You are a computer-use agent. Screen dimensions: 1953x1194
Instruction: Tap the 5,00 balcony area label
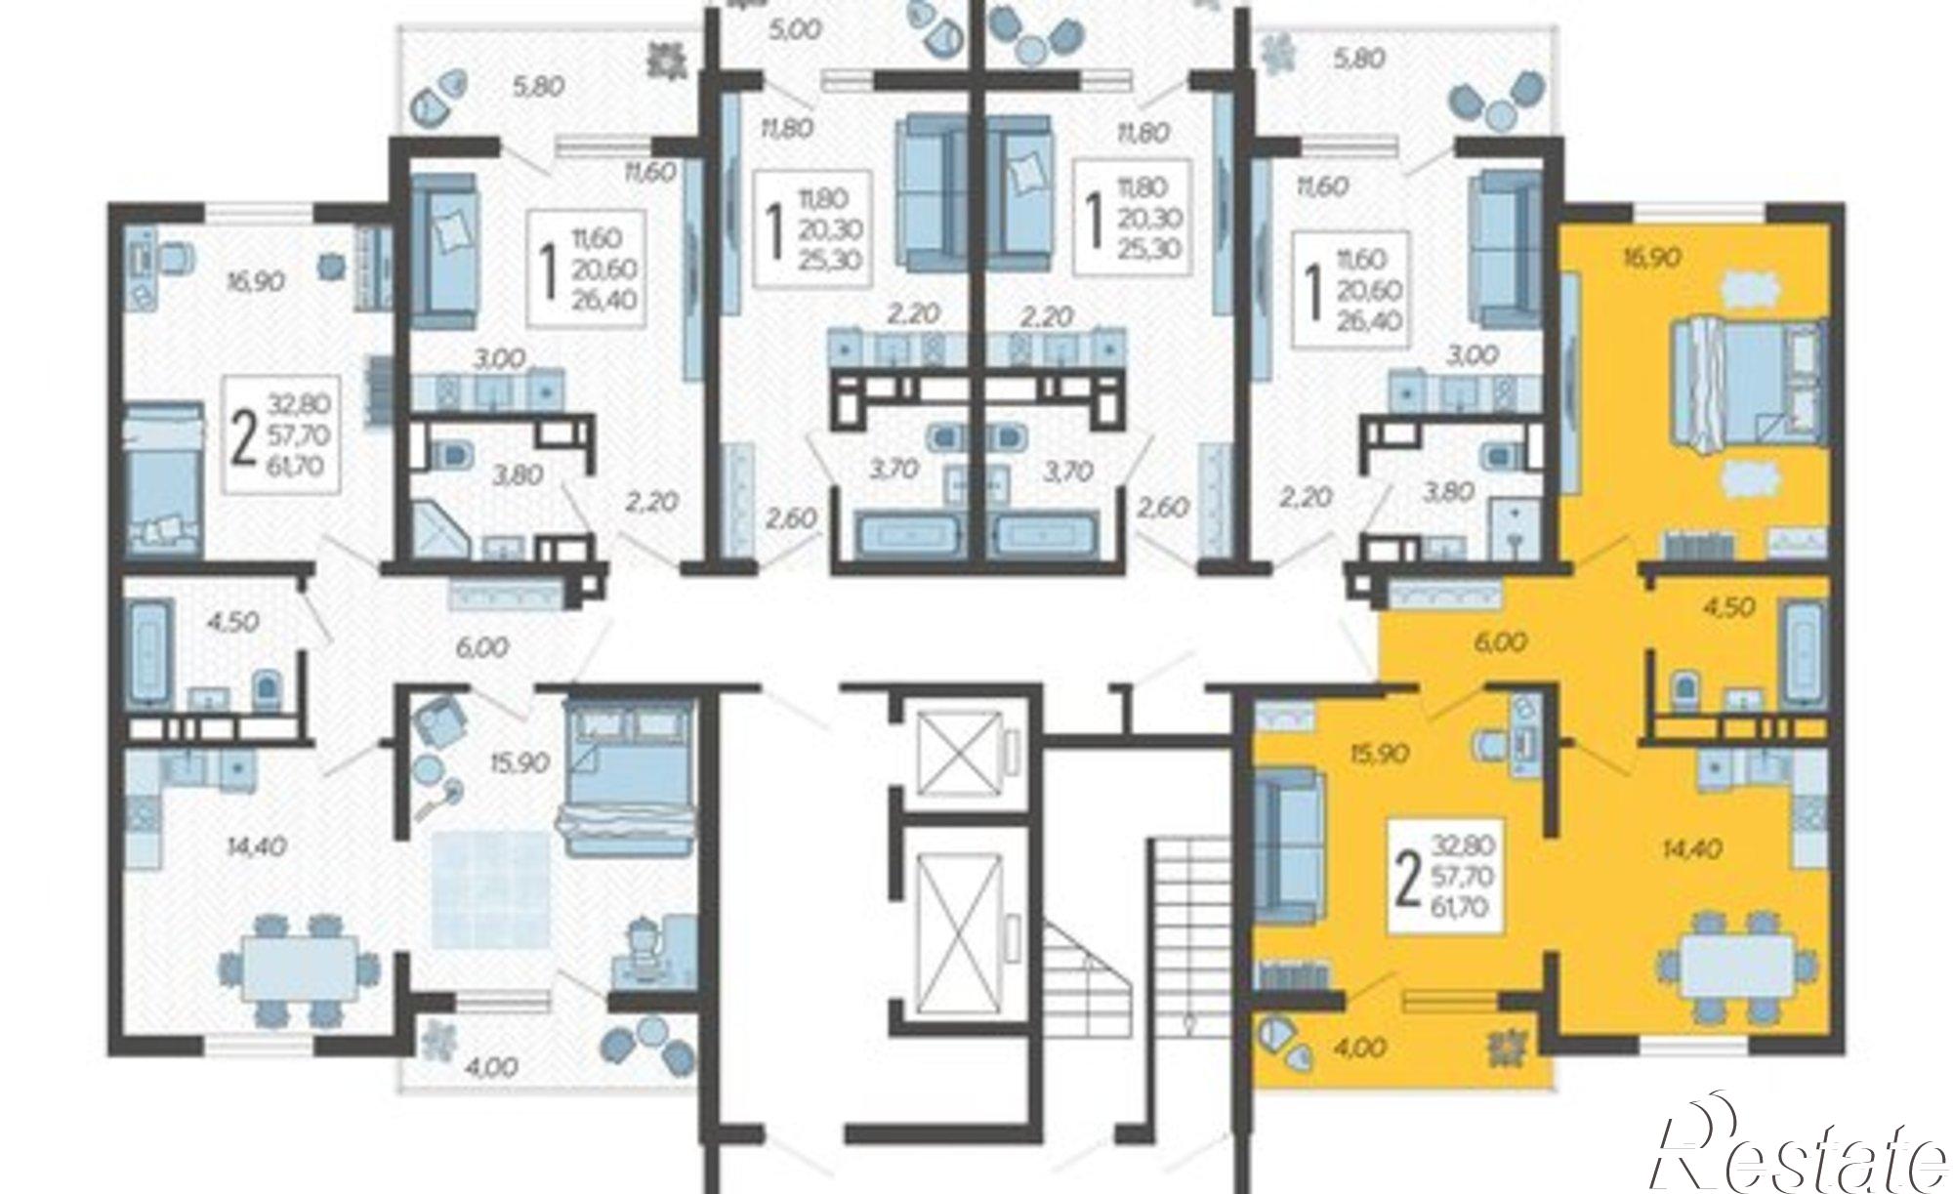click(794, 29)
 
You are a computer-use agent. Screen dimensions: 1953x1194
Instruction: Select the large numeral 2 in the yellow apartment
click(1407, 878)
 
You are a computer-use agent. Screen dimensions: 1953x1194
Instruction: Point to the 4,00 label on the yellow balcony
click(1359, 1049)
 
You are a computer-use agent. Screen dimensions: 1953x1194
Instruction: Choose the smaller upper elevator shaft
click(963, 749)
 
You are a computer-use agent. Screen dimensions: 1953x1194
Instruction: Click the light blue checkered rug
click(492, 887)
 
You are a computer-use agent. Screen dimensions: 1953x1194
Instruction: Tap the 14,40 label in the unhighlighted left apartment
click(256, 846)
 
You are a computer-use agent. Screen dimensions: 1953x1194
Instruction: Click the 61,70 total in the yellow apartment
click(1459, 907)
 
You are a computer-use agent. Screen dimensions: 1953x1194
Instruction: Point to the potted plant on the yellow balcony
click(1510, 1050)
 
